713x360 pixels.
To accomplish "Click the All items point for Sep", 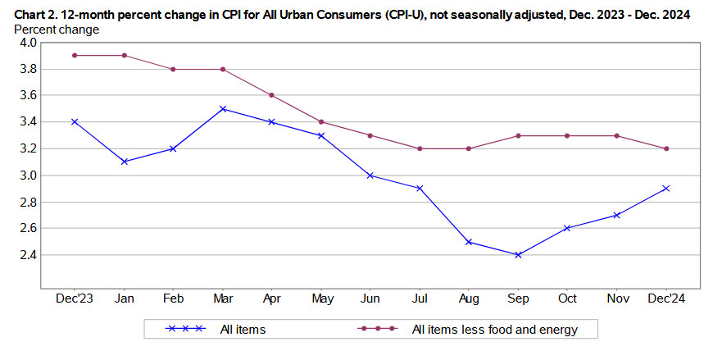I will point(517,255).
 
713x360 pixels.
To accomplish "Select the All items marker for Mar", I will point(222,108).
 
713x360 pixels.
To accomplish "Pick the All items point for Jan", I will point(124,162).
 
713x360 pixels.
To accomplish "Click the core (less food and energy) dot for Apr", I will point(271,95).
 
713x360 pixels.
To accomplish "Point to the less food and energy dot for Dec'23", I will point(75,55).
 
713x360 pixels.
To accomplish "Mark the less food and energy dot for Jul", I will point(419,148).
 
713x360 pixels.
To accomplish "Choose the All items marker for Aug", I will point(468,242).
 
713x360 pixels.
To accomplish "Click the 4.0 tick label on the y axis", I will point(24,42).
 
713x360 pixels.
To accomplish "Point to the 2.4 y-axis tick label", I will point(24,255).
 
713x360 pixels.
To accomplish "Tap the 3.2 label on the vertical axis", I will point(24,148).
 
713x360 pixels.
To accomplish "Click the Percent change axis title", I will point(57,30).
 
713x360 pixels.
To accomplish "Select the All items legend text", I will point(242,330).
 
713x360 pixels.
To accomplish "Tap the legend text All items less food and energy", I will point(495,330).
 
